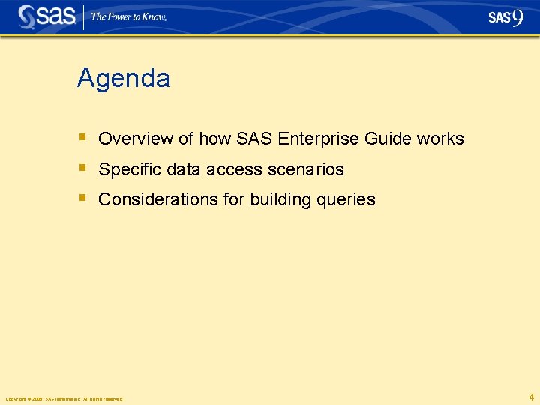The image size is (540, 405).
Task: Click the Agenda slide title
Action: [x=123, y=79]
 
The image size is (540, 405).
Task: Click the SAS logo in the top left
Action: [x=46, y=16]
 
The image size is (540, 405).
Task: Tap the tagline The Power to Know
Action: [x=128, y=16]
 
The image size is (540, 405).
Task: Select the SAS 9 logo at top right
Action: [x=505, y=17]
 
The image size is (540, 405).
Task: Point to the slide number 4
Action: [x=531, y=397]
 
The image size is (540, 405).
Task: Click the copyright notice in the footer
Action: [x=64, y=398]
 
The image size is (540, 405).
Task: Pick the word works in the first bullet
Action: [x=440, y=139]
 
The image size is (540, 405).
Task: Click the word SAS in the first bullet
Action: [x=254, y=139]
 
